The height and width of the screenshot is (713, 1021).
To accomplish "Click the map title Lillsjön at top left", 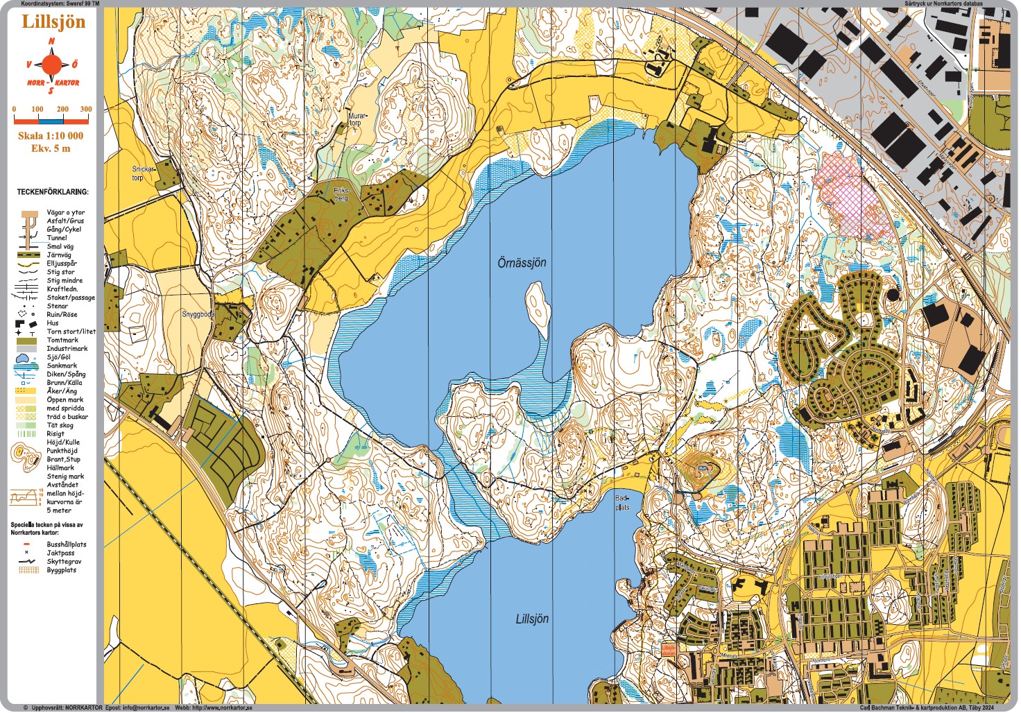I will tap(53, 22).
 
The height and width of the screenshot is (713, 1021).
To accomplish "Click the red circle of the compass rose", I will tap(51, 65).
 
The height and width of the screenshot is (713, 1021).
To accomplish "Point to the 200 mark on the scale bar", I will tap(62, 109).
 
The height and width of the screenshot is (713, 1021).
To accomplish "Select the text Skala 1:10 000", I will tap(51, 136).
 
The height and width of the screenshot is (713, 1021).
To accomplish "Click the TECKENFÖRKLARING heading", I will tap(53, 191).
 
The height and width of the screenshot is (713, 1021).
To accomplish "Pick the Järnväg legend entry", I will tap(60, 255).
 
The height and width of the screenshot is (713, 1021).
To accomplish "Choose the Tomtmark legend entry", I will tap(62, 341).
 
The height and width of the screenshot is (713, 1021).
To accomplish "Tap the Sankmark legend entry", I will tap(62, 366).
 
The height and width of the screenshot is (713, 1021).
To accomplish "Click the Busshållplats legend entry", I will tap(67, 544).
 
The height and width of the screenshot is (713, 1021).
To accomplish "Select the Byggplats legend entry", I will tap(61, 570).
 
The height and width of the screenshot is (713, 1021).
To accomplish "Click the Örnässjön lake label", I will tap(522, 263).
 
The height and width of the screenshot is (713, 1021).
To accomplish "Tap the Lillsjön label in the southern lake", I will tap(532, 619).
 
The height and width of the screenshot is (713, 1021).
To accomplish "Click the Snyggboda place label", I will tap(198, 314).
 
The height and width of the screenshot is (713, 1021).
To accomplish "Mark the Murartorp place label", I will tap(354, 119).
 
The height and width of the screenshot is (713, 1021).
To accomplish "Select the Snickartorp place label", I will tap(143, 173).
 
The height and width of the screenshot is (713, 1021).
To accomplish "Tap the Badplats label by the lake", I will tap(622, 503).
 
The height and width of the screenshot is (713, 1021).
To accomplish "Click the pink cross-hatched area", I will tap(847, 188).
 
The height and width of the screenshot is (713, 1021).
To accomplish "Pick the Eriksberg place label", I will tap(342, 194).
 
